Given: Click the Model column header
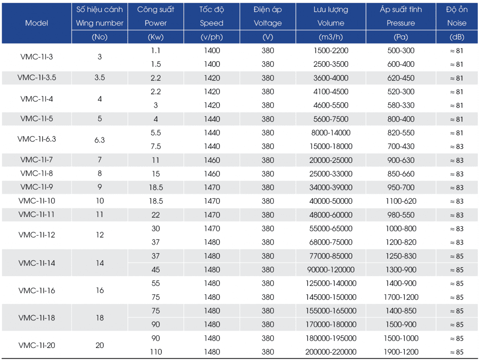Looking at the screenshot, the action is (37, 23).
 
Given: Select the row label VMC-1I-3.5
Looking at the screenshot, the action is (37, 78).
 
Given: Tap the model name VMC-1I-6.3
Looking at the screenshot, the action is (37, 139).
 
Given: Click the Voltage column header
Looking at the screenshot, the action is (267, 23).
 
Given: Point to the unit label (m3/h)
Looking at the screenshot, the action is (331, 37).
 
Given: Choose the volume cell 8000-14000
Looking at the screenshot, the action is (331, 133).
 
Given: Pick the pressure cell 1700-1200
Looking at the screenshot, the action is (401, 297).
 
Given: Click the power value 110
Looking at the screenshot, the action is (156, 352).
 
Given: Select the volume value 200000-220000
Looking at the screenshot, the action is (331, 352).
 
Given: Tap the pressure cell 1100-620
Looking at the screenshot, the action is (401, 201).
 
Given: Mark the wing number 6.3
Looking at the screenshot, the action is (99, 140).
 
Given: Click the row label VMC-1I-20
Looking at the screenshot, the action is (37, 345).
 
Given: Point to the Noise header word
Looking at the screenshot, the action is (457, 23).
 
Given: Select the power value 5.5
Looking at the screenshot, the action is (156, 133).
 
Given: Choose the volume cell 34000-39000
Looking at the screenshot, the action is (331, 187).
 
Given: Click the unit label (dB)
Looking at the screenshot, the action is (457, 37).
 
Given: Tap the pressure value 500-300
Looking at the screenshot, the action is (401, 50).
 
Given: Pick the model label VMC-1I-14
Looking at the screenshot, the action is (37, 263).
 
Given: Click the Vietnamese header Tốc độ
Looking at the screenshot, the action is (211, 9).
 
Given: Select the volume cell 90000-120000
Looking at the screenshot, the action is (331, 270).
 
